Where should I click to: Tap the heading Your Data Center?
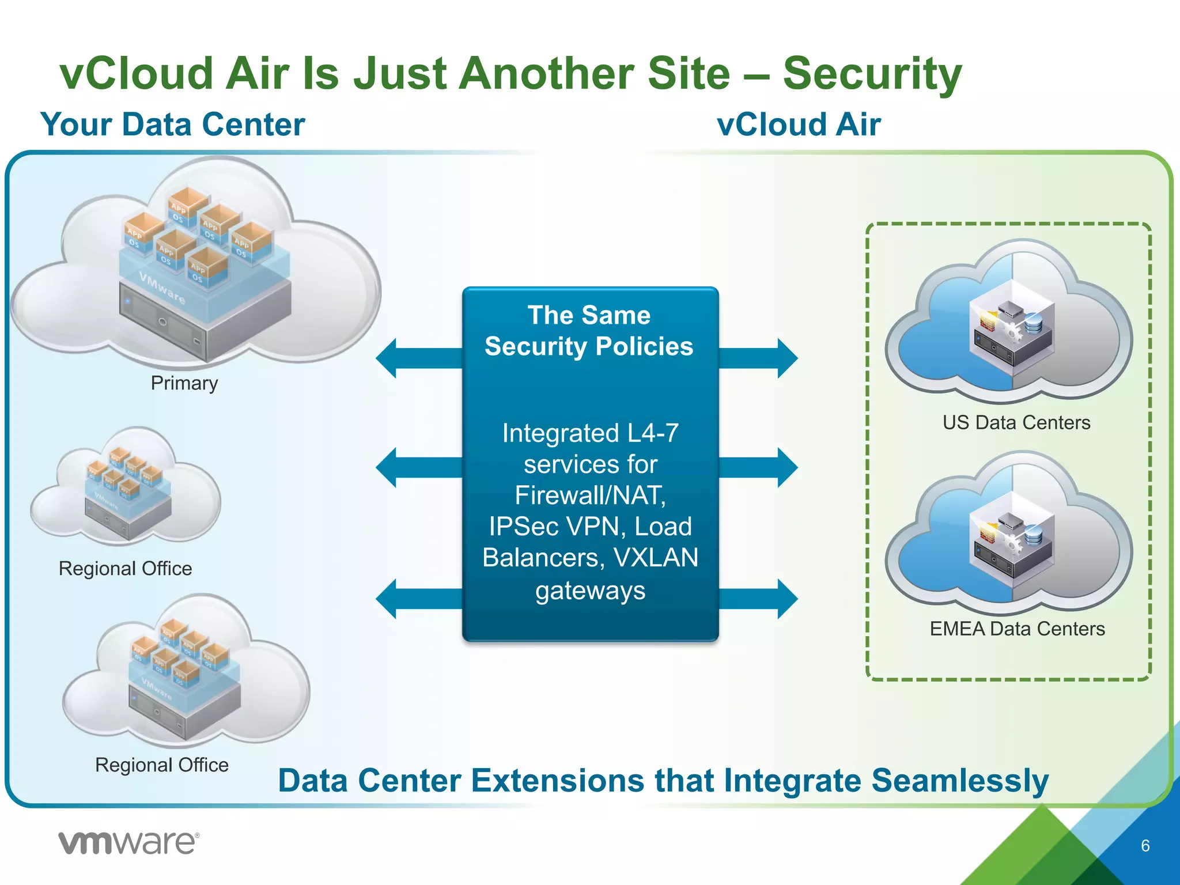click(x=173, y=124)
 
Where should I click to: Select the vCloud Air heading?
click(x=799, y=124)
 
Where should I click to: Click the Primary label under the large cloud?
click(x=184, y=383)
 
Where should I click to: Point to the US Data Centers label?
click(x=1016, y=422)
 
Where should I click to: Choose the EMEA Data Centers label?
click(x=1017, y=629)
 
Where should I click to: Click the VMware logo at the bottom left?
click(x=128, y=843)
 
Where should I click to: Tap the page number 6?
click(x=1145, y=846)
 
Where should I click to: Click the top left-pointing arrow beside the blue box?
click(x=418, y=358)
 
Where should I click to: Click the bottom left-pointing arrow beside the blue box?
click(x=418, y=599)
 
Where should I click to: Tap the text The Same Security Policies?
click(x=589, y=331)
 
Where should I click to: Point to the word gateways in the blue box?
click(x=590, y=591)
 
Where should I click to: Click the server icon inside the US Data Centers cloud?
click(x=1012, y=332)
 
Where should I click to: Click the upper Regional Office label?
click(x=125, y=569)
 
